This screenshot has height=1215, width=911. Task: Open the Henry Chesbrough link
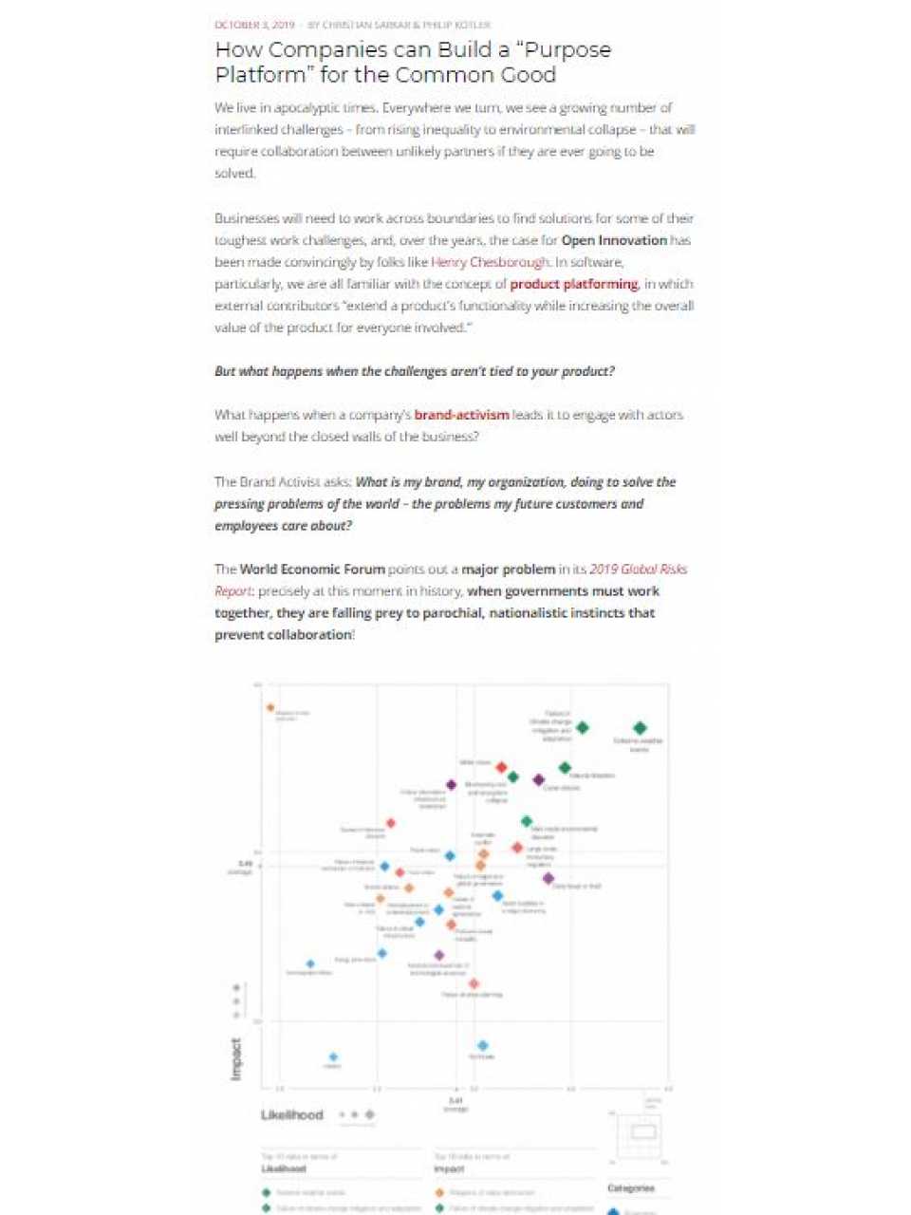490,262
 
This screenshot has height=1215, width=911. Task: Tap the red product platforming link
573,284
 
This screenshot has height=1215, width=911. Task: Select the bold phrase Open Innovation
614,240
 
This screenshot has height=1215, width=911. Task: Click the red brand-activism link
461,415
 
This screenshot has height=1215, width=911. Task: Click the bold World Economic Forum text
312,570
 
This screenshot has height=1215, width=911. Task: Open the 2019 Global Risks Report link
638,570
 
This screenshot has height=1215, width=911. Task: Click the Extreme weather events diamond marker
641,728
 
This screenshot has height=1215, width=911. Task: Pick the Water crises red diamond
502,767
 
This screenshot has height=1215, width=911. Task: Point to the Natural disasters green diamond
565,767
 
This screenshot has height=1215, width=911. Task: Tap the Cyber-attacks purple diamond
539,779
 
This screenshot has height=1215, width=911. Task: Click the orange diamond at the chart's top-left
270,707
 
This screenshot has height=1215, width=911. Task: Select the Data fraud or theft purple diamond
548,878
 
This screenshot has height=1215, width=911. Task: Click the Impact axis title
236,1057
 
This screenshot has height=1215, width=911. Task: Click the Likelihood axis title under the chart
292,1114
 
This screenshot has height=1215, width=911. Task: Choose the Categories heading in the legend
631,1188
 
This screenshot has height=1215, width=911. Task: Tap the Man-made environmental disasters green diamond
527,821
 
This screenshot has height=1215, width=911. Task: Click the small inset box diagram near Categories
643,1132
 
